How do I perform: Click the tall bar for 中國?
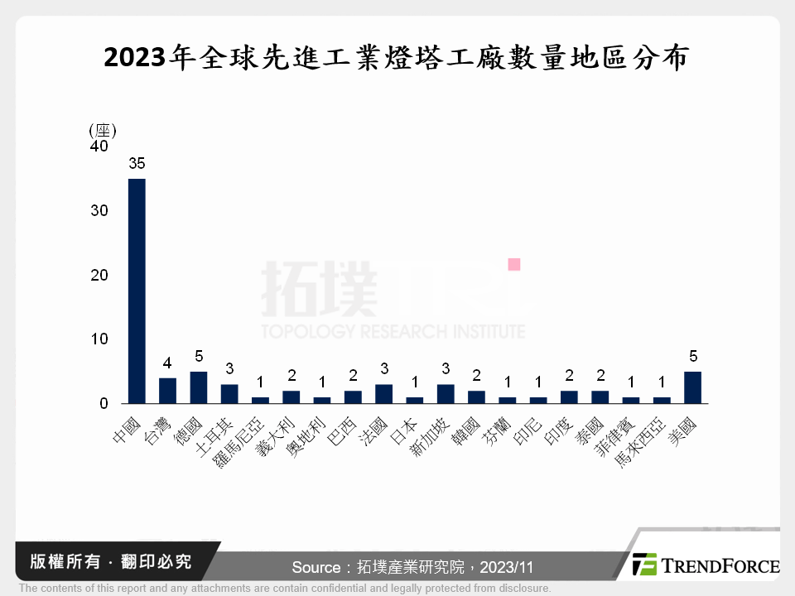[x=137, y=291]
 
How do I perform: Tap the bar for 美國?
[x=692, y=387]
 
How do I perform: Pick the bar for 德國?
[x=198, y=387]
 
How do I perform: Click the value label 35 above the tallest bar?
[x=137, y=164]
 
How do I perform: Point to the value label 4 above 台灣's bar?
[x=167, y=363]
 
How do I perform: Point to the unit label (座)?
[x=102, y=130]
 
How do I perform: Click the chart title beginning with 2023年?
[x=397, y=58]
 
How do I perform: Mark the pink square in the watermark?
[x=513, y=264]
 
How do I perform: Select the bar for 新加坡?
[x=446, y=394]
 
